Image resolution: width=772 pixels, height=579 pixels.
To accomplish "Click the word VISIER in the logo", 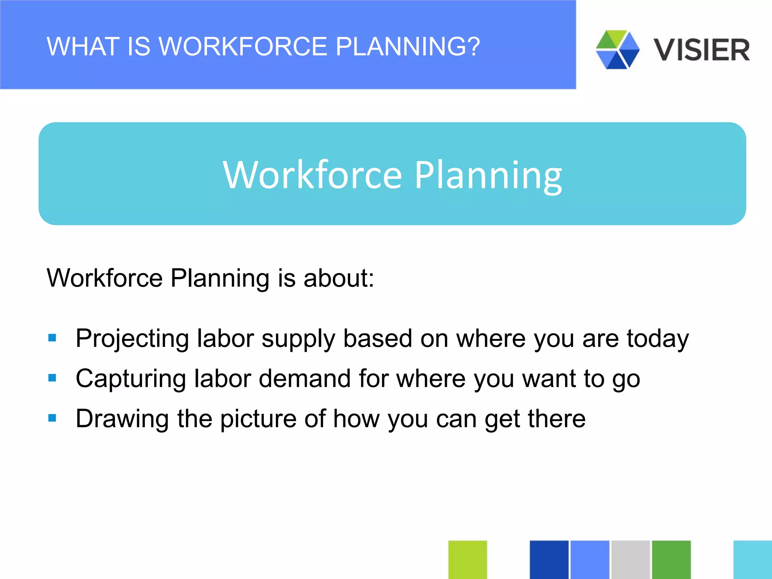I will tap(702, 50).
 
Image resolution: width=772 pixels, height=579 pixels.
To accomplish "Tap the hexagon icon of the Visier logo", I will tap(617, 50).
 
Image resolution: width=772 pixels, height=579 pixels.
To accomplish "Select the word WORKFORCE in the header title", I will tap(243, 47).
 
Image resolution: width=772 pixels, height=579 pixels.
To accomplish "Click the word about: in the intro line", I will tap(339, 278).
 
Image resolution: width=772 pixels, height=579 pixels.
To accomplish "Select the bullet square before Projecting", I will tap(52, 338).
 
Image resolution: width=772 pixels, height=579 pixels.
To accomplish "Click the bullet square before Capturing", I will tap(52, 378).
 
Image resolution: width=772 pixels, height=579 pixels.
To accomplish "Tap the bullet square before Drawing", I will tap(52, 418).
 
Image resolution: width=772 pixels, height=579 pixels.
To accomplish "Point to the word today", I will tap(658, 339).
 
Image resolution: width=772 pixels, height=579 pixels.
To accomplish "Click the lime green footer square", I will tap(467, 559).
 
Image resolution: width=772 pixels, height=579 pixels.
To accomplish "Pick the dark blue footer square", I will tap(549, 559).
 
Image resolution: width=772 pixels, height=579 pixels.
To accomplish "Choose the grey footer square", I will tap(630, 559).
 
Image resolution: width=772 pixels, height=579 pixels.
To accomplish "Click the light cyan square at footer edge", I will tap(752, 559).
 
